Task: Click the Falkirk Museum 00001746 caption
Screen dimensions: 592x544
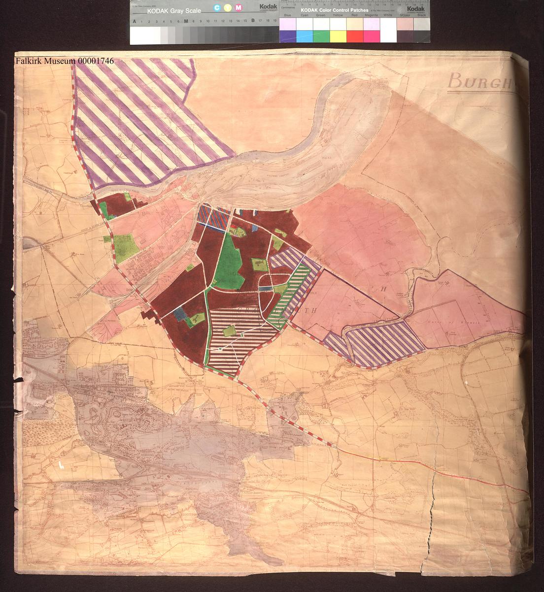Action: click(65, 61)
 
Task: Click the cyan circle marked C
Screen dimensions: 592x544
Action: click(217, 7)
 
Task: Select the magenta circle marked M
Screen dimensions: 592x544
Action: click(238, 7)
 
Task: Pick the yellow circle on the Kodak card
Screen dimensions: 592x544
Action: click(228, 7)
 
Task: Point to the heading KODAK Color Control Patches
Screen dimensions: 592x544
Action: click(335, 10)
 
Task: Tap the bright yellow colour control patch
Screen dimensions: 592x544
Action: click(338, 36)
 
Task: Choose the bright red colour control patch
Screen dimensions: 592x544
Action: click(354, 36)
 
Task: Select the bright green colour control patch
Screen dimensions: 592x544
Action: click(321, 36)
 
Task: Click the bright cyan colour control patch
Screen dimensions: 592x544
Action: click(304, 36)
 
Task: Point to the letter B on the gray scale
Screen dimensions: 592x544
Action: click(253, 21)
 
